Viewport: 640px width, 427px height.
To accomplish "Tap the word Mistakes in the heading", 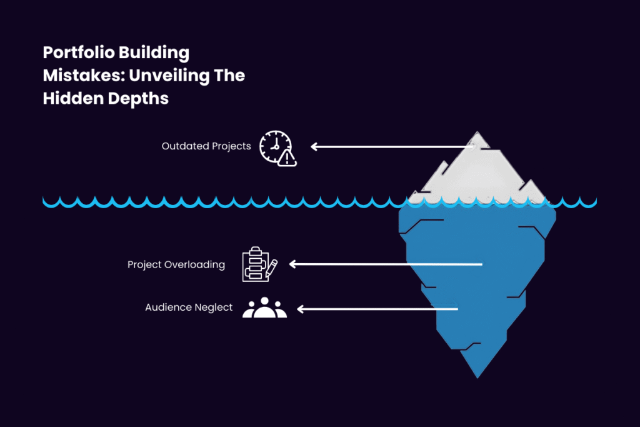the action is [84, 76].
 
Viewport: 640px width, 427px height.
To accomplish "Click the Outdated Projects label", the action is [206, 146].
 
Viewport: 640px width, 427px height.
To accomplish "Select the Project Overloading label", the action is [176, 264].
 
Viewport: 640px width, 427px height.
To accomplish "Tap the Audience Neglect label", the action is [189, 307].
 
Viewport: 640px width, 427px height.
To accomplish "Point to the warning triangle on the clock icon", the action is [287, 158].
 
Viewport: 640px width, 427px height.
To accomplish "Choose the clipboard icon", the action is [259, 264].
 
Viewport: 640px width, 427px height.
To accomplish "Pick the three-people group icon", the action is [264, 308].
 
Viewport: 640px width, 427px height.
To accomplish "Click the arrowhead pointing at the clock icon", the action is [314, 146].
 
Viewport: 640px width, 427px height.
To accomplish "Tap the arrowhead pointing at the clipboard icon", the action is [292, 264].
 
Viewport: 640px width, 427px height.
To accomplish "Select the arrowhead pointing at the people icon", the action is [301, 309].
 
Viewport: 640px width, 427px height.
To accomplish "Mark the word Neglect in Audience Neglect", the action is [214, 307].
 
